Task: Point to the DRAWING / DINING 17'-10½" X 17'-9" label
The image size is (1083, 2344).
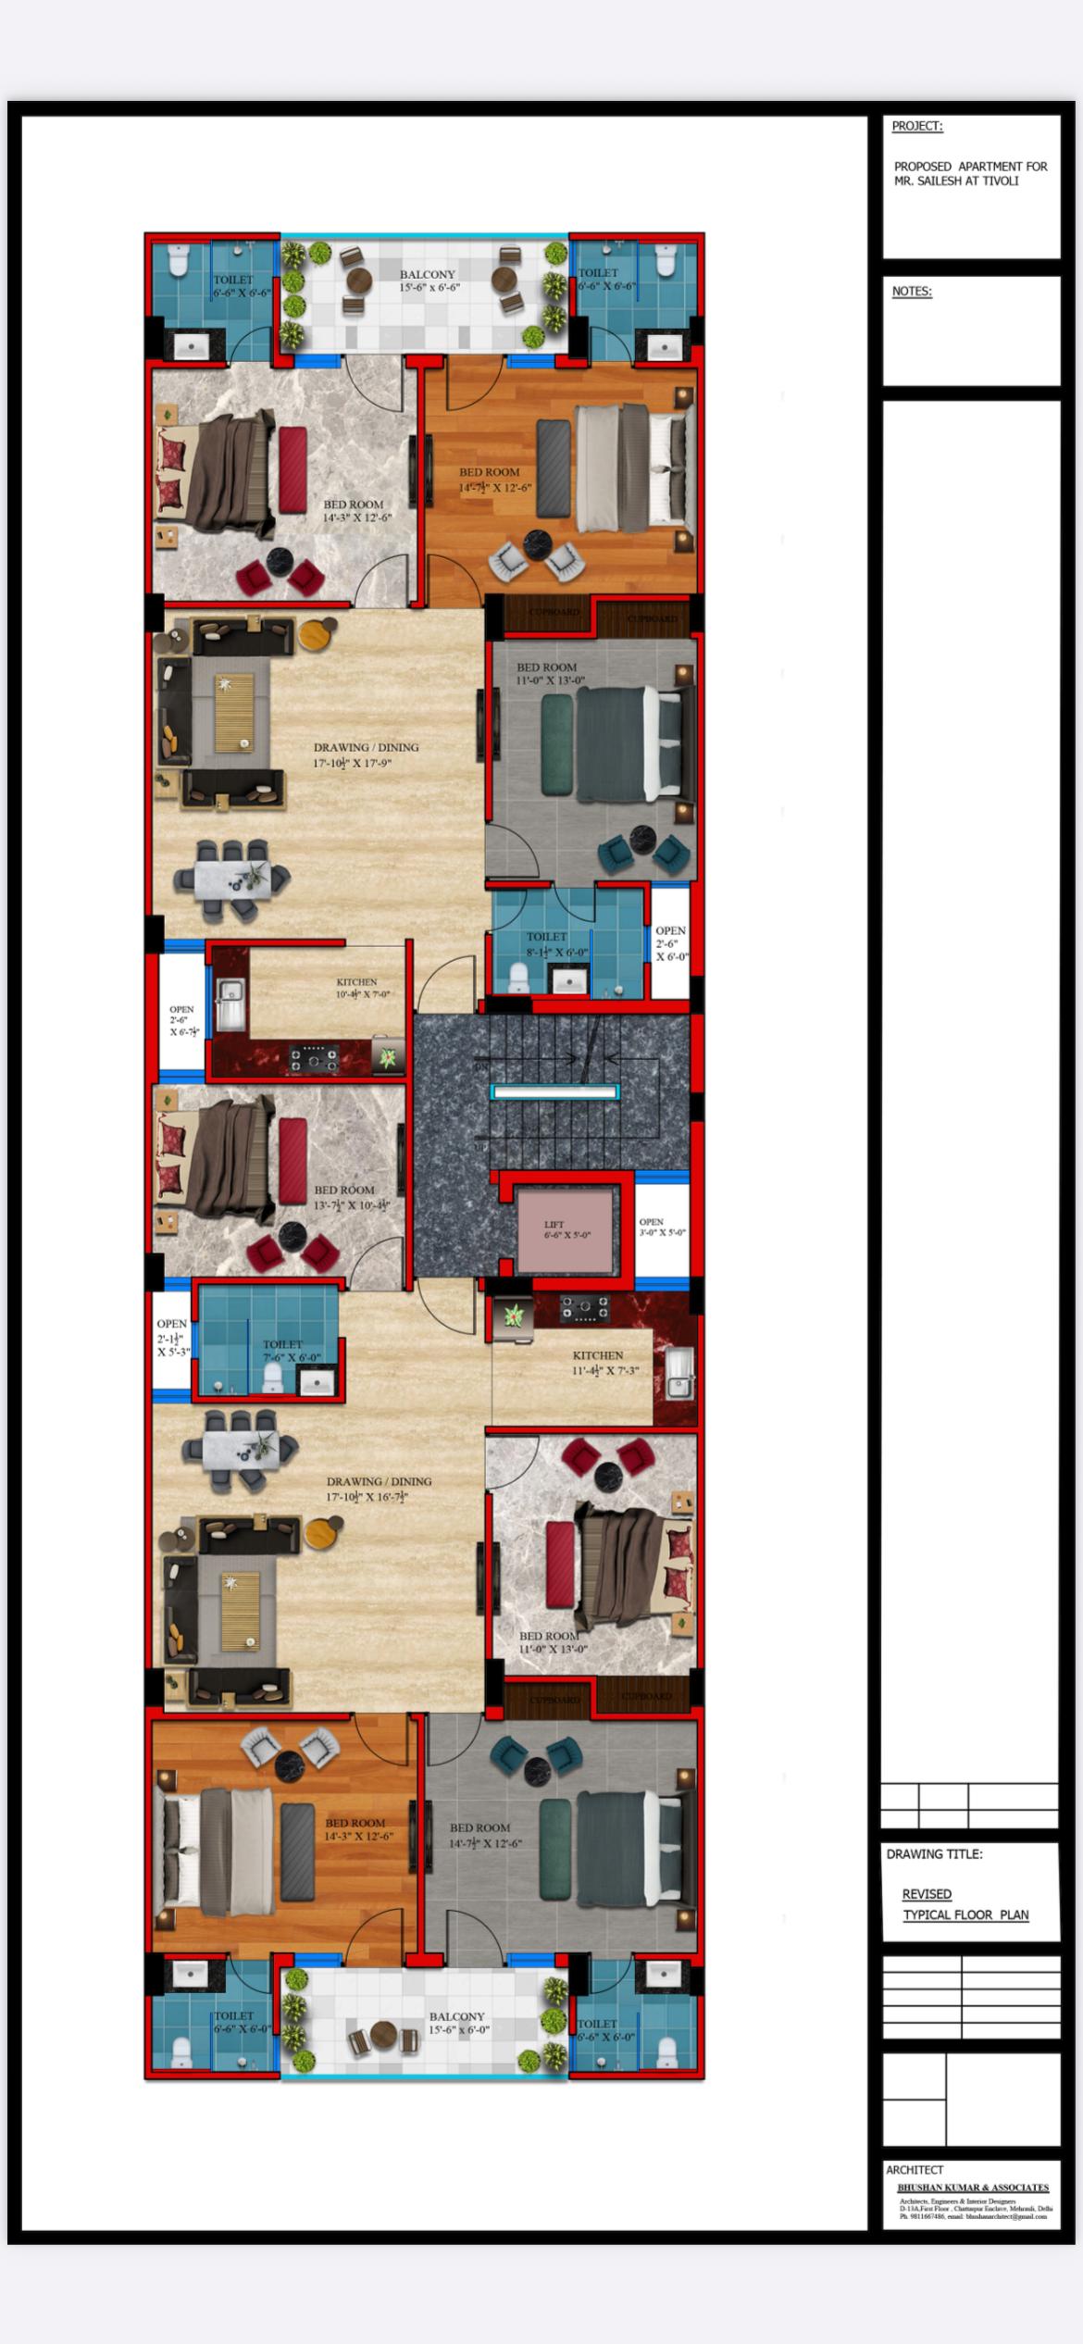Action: pyautogui.click(x=366, y=754)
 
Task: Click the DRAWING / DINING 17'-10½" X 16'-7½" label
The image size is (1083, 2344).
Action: pyautogui.click(x=379, y=1489)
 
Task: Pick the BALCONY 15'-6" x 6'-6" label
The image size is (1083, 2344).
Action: pyautogui.click(x=429, y=281)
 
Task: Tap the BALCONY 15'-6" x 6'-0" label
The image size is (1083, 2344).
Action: pyautogui.click(x=457, y=2023)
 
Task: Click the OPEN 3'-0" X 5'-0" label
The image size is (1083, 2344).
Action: pyautogui.click(x=662, y=1228)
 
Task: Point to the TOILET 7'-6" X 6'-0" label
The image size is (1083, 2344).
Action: pyautogui.click(x=290, y=1351)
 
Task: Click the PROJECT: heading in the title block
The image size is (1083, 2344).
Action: pyautogui.click(x=916, y=126)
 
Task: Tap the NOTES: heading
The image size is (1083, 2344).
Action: pyautogui.click(x=912, y=292)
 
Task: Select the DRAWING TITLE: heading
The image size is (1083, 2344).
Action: pyautogui.click(x=934, y=1854)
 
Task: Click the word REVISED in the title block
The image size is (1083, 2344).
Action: pyautogui.click(x=927, y=1894)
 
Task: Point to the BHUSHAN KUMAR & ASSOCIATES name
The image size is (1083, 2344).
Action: pyautogui.click(x=972, y=2188)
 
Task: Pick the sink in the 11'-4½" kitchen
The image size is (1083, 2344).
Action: pyautogui.click(x=678, y=1374)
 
